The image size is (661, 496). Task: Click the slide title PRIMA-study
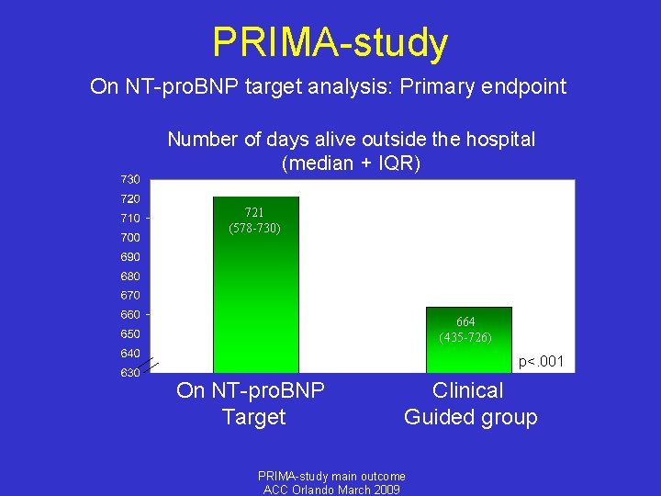[330, 42]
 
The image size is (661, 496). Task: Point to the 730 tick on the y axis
[130, 178]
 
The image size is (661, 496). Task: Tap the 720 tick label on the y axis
[130, 198]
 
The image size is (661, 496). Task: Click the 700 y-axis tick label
[130, 237]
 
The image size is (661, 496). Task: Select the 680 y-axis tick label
[130, 276]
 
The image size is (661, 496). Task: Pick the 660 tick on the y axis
[130, 314]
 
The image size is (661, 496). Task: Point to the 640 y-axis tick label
[130, 353]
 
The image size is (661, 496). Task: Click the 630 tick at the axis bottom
[130, 373]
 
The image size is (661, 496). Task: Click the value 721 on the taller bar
[255, 212]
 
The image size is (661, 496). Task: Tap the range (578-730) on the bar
[255, 227]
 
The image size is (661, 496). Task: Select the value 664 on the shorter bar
[465, 321]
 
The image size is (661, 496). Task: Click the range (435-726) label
[465, 337]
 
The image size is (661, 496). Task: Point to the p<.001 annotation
[541, 362]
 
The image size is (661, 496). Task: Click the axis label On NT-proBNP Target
[251, 403]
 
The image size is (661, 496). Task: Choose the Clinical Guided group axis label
[470, 403]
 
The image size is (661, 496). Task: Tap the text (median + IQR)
[351, 163]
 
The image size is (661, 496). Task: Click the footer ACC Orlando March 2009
[330, 490]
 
